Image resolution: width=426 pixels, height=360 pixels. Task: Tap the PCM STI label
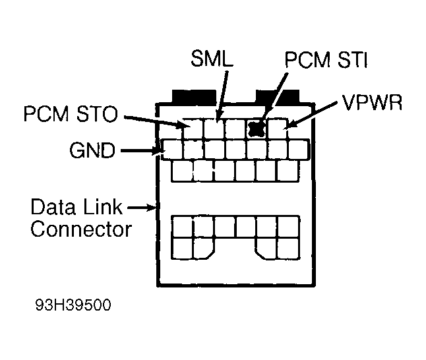(325, 62)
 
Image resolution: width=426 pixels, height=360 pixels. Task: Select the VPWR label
(371, 105)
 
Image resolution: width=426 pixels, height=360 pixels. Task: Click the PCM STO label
(70, 113)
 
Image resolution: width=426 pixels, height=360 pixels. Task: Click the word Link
(107, 208)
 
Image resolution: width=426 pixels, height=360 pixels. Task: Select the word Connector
(80, 229)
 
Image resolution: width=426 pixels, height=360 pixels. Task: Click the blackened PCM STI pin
(256, 128)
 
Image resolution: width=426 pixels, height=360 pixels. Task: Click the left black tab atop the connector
(193, 97)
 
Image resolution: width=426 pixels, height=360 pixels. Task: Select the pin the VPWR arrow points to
(278, 129)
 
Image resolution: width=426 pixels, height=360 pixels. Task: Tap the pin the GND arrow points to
(172, 150)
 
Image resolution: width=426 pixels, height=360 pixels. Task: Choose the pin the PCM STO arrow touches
(193, 129)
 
